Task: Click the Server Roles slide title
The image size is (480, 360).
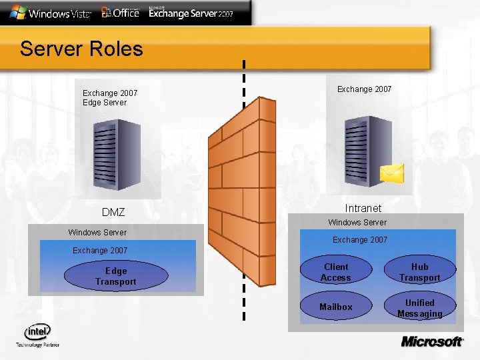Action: point(81,49)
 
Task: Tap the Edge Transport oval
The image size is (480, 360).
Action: point(115,276)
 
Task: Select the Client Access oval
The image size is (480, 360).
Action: point(335,272)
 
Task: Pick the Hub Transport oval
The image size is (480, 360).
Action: point(419,272)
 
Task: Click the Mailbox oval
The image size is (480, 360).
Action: point(335,307)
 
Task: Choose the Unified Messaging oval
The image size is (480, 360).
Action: point(419,307)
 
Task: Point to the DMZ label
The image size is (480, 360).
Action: point(113,212)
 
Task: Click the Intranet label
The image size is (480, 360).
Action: point(363,208)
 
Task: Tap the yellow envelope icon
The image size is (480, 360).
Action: point(391,173)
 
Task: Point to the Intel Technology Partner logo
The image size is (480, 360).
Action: point(37,335)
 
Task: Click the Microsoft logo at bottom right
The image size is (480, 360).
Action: point(432,341)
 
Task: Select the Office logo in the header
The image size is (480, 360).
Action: point(120,12)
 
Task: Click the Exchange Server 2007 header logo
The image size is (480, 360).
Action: point(191,13)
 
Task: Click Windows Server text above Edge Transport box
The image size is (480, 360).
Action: point(97,232)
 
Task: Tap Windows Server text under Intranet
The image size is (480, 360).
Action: point(357,222)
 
